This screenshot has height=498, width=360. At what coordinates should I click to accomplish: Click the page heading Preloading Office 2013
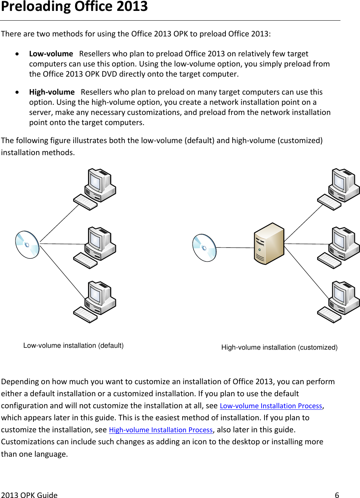[74, 7]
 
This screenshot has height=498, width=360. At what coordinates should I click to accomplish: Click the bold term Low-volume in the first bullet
[51, 54]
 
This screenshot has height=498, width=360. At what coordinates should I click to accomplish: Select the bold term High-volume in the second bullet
[52, 92]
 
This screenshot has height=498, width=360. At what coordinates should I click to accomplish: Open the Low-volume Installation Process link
[271, 406]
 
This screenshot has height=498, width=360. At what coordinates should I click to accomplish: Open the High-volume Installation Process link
[160, 430]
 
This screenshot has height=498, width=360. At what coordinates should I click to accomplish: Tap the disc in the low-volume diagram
[27, 245]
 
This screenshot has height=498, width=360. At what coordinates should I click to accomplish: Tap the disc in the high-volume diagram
[204, 248]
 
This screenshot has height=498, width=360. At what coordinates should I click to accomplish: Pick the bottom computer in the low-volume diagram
[95, 302]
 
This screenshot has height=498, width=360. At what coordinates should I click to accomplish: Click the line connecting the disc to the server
[235, 247]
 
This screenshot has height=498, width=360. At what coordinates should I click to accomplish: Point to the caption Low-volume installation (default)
[73, 346]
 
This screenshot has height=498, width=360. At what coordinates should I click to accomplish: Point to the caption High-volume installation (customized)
[279, 347]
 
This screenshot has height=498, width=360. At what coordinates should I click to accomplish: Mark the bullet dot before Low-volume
[17, 54]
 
